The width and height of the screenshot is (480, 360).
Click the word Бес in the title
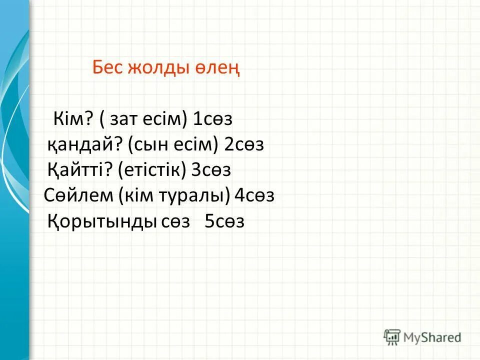point(106,68)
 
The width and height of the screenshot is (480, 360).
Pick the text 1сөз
point(213,119)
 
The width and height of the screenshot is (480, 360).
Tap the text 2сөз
point(244,145)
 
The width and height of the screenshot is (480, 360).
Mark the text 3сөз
point(211,170)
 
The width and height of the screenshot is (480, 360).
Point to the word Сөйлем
point(79,195)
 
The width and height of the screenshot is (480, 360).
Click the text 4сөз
point(254,195)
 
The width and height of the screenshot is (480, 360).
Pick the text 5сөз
point(224,221)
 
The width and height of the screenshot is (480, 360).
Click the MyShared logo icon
point(392,337)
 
